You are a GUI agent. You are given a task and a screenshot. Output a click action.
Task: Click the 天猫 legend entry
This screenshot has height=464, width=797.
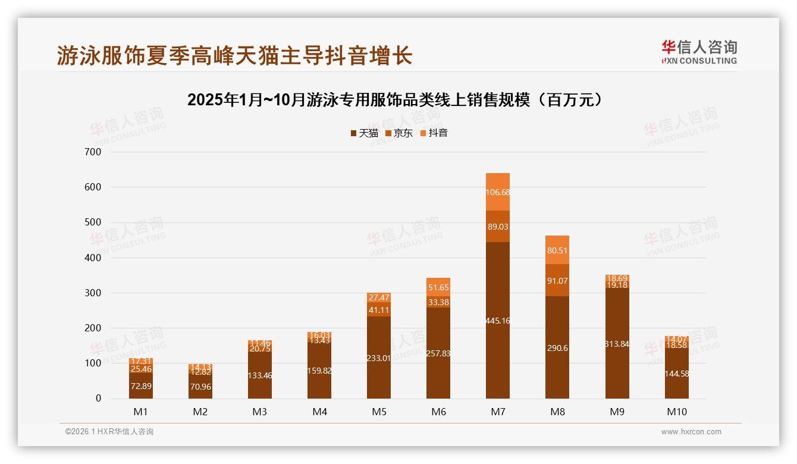(364, 133)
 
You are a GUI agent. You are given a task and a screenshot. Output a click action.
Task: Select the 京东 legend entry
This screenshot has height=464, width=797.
(399, 133)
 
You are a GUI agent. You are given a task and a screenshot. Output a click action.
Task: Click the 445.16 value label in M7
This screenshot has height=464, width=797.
(498, 321)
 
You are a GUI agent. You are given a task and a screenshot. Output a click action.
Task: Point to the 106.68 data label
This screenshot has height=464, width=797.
(498, 192)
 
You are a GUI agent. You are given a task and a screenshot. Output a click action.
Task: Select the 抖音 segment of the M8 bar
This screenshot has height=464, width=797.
(557, 250)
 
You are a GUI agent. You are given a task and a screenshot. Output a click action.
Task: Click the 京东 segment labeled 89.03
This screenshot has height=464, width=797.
(498, 227)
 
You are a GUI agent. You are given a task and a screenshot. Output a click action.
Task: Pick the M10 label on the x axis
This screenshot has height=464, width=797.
(676, 412)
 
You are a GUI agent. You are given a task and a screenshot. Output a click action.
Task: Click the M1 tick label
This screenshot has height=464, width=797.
(141, 412)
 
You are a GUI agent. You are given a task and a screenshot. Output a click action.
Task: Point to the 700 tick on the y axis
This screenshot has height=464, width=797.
(94, 152)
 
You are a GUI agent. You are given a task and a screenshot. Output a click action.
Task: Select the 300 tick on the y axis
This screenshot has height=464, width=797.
(94, 293)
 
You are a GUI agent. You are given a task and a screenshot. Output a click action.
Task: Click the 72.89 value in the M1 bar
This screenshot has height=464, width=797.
(141, 386)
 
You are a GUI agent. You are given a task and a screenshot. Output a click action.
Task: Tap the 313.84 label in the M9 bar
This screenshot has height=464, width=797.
(617, 344)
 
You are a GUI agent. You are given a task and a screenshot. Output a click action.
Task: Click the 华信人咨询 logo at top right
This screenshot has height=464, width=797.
(699, 52)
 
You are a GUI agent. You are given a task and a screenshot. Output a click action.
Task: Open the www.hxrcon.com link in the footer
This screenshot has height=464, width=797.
(691, 432)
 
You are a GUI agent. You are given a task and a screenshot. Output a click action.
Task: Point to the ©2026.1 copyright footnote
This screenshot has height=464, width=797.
(109, 432)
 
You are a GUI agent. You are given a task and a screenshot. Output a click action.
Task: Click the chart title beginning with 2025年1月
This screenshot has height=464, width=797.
(398, 100)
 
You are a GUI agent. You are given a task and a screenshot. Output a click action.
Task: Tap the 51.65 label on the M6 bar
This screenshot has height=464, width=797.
(438, 287)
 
